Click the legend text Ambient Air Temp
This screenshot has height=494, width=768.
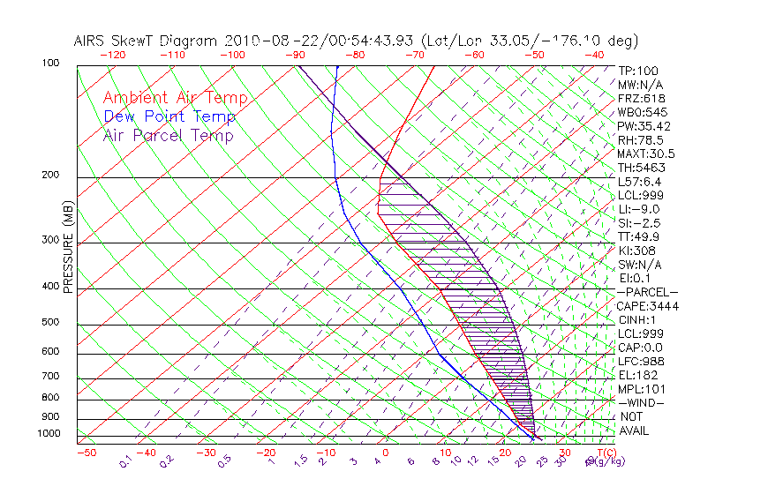tap(175, 98)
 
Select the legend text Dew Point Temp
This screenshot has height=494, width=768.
tap(169, 116)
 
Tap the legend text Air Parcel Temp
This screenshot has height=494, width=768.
tap(168, 135)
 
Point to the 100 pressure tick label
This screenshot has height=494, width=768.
tap(50, 64)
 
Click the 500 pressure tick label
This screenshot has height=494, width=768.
tap(50, 323)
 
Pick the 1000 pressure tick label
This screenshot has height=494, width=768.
tap(48, 434)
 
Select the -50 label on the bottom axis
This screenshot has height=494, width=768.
tap(87, 453)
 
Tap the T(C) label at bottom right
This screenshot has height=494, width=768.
tap(607, 453)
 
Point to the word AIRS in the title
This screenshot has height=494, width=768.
tap(93, 41)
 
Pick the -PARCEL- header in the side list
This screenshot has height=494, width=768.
tap(647, 292)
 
